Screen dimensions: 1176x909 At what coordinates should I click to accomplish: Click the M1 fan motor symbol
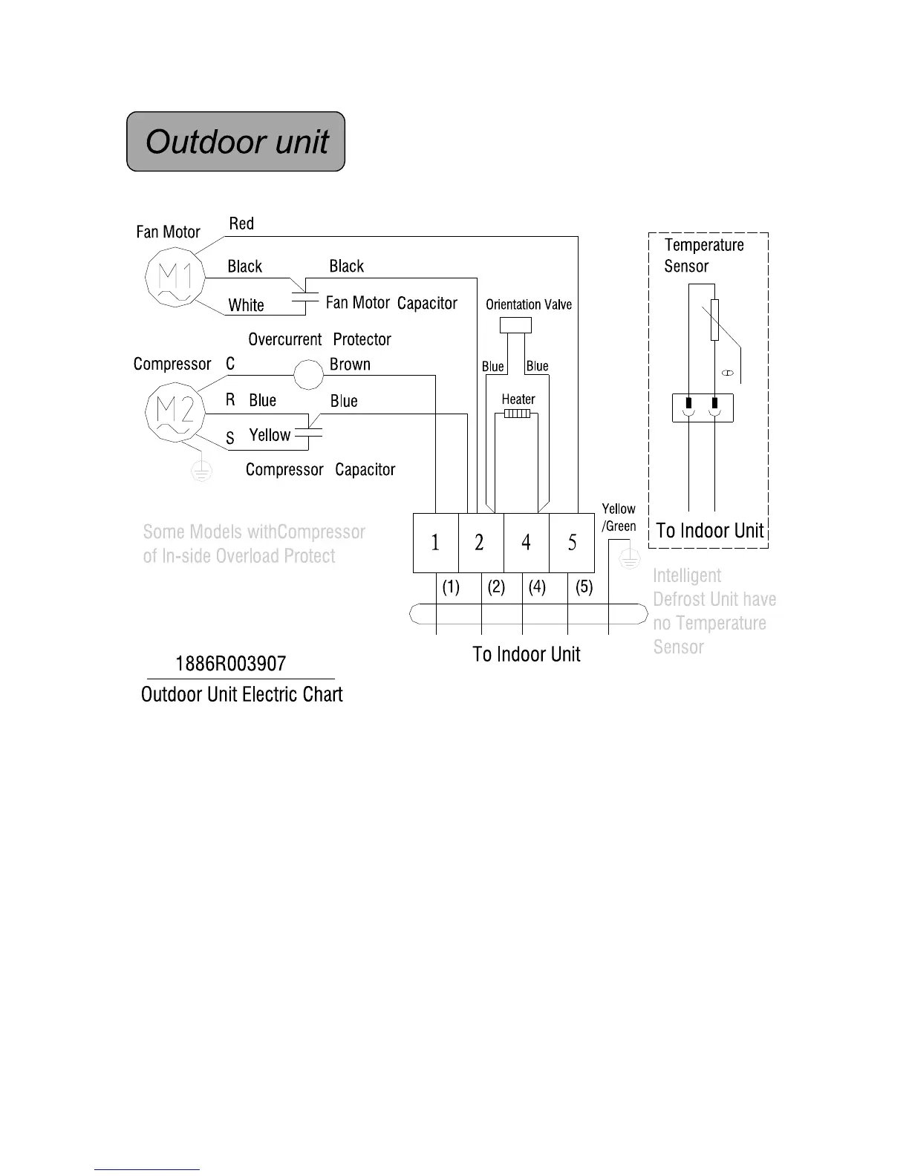[x=175, y=278]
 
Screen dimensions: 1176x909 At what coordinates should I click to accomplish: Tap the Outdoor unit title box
[x=236, y=142]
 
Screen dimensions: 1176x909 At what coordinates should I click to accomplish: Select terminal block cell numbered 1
[x=435, y=543]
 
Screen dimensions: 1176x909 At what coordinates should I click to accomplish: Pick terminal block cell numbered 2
[x=480, y=543]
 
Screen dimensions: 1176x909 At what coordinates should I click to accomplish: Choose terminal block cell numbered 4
[x=526, y=543]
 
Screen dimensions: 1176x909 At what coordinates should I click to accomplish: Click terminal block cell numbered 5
[x=572, y=543]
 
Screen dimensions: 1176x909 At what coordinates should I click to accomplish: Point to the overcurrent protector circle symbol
[x=308, y=374]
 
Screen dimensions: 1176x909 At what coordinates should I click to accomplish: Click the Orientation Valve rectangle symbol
[x=515, y=325]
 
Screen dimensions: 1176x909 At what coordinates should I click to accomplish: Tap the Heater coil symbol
[x=518, y=413]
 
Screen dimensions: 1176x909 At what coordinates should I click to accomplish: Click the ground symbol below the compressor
[x=201, y=470]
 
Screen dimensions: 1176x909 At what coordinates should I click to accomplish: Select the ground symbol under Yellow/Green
[x=629, y=558]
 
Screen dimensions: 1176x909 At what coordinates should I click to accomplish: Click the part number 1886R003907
[x=230, y=664]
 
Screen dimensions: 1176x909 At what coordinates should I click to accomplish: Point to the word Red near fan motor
[x=241, y=223]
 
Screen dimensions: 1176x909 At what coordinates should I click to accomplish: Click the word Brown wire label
[x=350, y=365]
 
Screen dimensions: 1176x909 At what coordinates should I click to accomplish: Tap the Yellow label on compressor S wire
[x=270, y=435]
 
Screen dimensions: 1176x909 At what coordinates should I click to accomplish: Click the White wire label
[x=246, y=305]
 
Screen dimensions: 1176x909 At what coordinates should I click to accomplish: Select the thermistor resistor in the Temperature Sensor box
[x=714, y=320]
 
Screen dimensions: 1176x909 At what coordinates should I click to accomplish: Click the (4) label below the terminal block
[x=537, y=587]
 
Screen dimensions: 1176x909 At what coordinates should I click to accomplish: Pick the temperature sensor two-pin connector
[x=702, y=408]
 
